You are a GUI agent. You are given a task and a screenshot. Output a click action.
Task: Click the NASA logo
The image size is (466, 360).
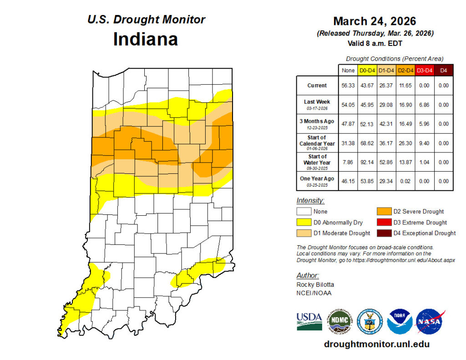(x=430, y=322)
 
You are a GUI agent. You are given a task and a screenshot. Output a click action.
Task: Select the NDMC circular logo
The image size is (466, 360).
(x=339, y=322)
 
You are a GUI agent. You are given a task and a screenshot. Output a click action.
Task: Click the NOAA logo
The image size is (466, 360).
(x=400, y=322)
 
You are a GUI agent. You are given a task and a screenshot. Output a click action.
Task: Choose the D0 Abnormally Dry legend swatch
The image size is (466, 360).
(x=304, y=223)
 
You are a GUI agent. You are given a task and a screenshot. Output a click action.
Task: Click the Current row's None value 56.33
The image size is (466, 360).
(x=348, y=86)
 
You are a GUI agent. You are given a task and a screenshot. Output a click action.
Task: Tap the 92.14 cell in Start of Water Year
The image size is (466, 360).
(x=367, y=162)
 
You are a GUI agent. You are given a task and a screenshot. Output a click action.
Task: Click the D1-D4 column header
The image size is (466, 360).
(x=386, y=71)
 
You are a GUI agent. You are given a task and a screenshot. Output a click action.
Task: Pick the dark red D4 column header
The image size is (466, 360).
(x=443, y=71)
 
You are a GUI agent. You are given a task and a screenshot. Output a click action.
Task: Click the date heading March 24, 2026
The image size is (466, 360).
(x=375, y=21)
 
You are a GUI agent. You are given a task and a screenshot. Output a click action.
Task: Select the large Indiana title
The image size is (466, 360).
(x=145, y=39)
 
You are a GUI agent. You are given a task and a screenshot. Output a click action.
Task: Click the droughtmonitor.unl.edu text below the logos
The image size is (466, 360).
(x=376, y=344)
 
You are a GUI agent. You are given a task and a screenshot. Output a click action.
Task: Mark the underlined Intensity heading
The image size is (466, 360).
(x=310, y=200)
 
